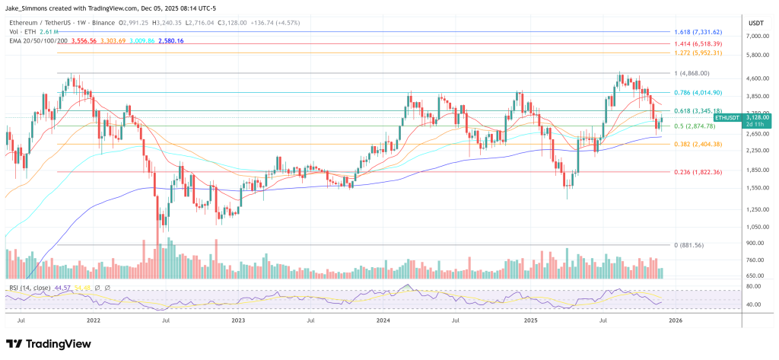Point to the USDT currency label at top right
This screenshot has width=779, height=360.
[x=756, y=22]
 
